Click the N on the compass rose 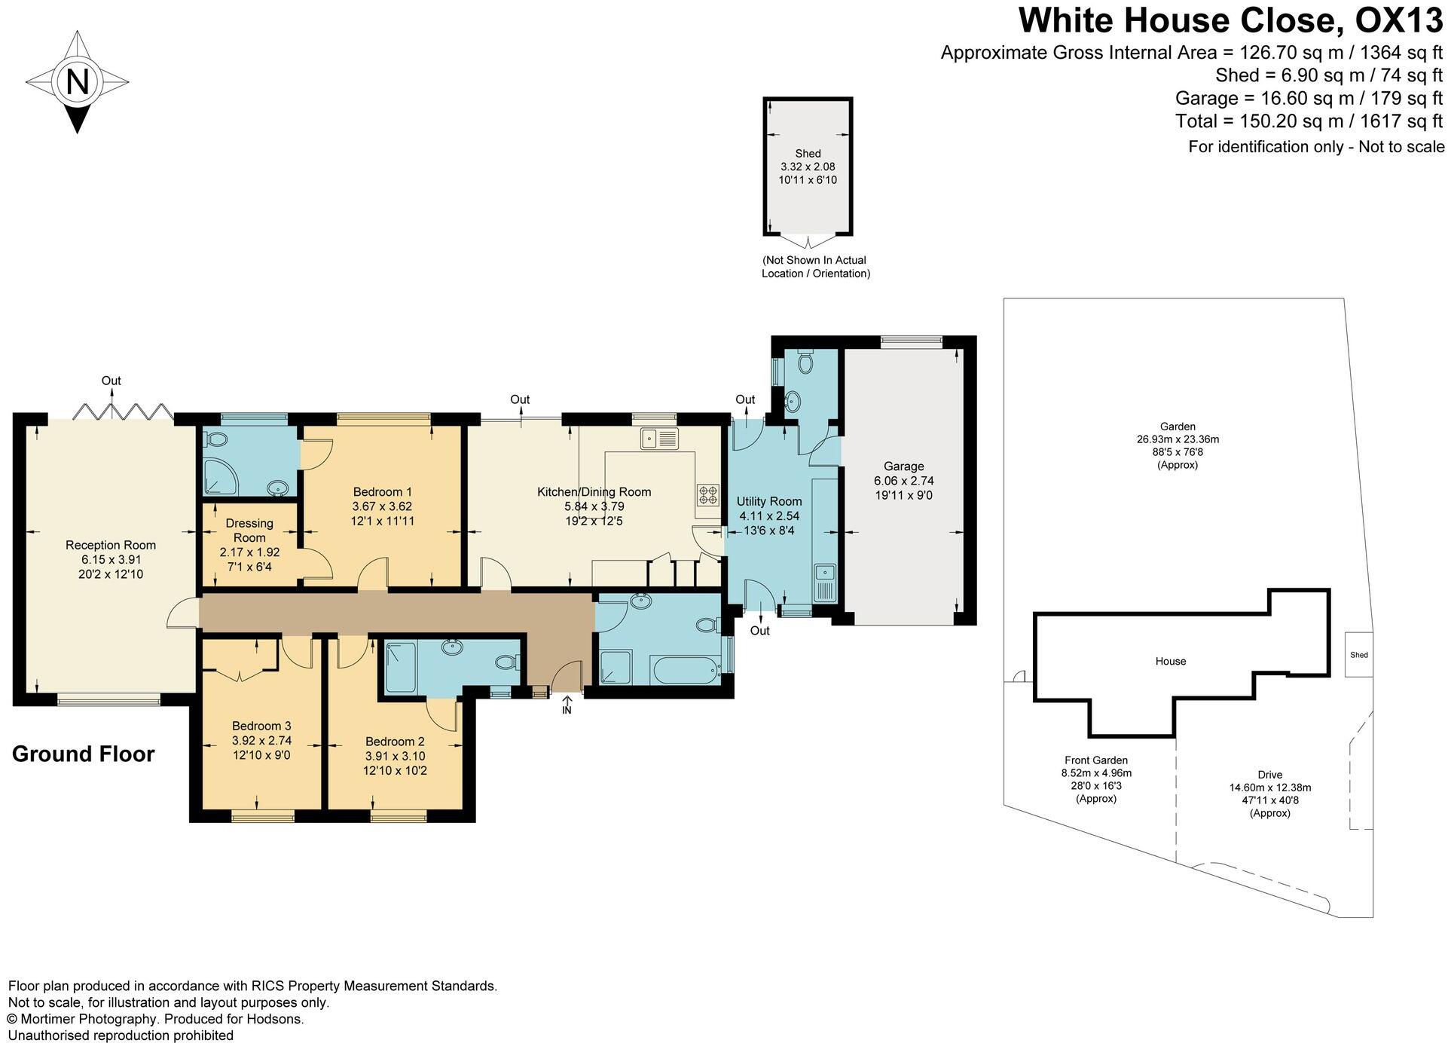pyautogui.click(x=78, y=81)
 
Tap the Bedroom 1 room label pyautogui.click(x=382, y=492)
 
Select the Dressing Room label pyautogui.click(x=249, y=530)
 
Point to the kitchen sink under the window pyautogui.click(x=659, y=438)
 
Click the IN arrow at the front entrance pyautogui.click(x=567, y=704)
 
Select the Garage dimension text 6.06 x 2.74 pyautogui.click(x=903, y=481)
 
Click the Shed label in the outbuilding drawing pyautogui.click(x=808, y=153)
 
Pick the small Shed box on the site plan pyautogui.click(x=1358, y=654)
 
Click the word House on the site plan pyautogui.click(x=1170, y=661)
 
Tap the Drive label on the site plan pyautogui.click(x=1269, y=774)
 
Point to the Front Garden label pyautogui.click(x=1095, y=760)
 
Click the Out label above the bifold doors pyautogui.click(x=112, y=381)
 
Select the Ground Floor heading pyautogui.click(x=83, y=754)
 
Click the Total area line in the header pyautogui.click(x=1308, y=121)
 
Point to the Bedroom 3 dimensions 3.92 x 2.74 pyautogui.click(x=261, y=740)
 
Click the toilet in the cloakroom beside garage pyautogui.click(x=805, y=363)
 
